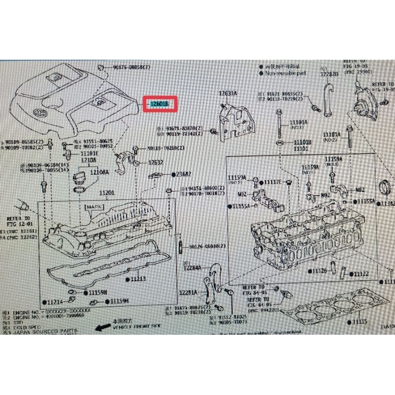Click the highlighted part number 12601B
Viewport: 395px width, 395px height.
(x=160, y=104)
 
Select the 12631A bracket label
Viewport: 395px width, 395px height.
(x=228, y=93)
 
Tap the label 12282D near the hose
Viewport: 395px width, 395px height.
(x=329, y=74)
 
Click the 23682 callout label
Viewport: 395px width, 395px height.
(x=184, y=174)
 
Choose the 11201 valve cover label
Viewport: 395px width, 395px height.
(x=107, y=193)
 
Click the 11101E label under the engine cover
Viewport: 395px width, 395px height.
(x=89, y=154)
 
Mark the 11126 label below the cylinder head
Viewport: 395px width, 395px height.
(x=320, y=271)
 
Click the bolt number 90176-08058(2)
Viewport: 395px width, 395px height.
(x=125, y=67)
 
